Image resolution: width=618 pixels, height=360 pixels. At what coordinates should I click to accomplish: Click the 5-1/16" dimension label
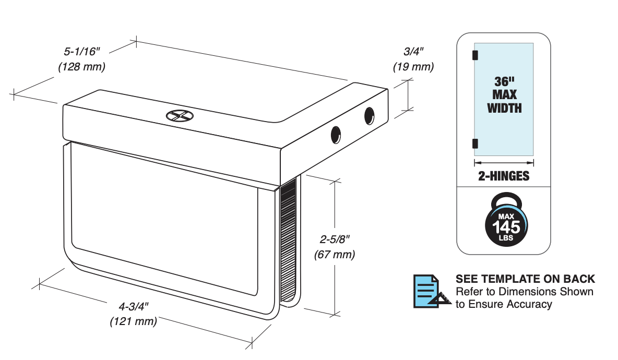pyautogui.click(x=82, y=52)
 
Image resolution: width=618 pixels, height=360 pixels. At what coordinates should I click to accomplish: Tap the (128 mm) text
pyautogui.click(x=82, y=67)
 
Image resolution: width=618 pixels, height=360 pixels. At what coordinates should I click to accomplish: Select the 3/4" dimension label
pyautogui.click(x=414, y=52)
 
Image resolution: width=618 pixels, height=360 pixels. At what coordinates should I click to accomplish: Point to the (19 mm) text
pyautogui.click(x=413, y=67)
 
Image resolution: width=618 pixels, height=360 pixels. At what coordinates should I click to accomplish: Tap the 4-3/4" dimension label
pyautogui.click(x=133, y=306)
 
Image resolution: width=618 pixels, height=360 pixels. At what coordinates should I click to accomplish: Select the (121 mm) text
pyautogui.click(x=133, y=321)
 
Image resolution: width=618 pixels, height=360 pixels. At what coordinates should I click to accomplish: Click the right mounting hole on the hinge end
pyautogui.click(x=370, y=115)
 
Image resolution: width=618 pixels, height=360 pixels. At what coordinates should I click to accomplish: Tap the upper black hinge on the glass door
pyautogui.click(x=475, y=54)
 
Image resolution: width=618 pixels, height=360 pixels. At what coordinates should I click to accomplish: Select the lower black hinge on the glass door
pyautogui.click(x=475, y=143)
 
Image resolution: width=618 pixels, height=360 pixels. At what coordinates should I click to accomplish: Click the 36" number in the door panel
pyautogui.click(x=504, y=82)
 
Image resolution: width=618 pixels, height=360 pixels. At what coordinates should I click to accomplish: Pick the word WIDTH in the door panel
pyautogui.click(x=504, y=109)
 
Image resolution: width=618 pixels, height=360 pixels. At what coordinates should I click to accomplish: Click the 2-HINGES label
pyautogui.click(x=504, y=176)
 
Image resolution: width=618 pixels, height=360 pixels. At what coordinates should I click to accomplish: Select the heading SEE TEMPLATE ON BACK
pyautogui.click(x=525, y=279)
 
